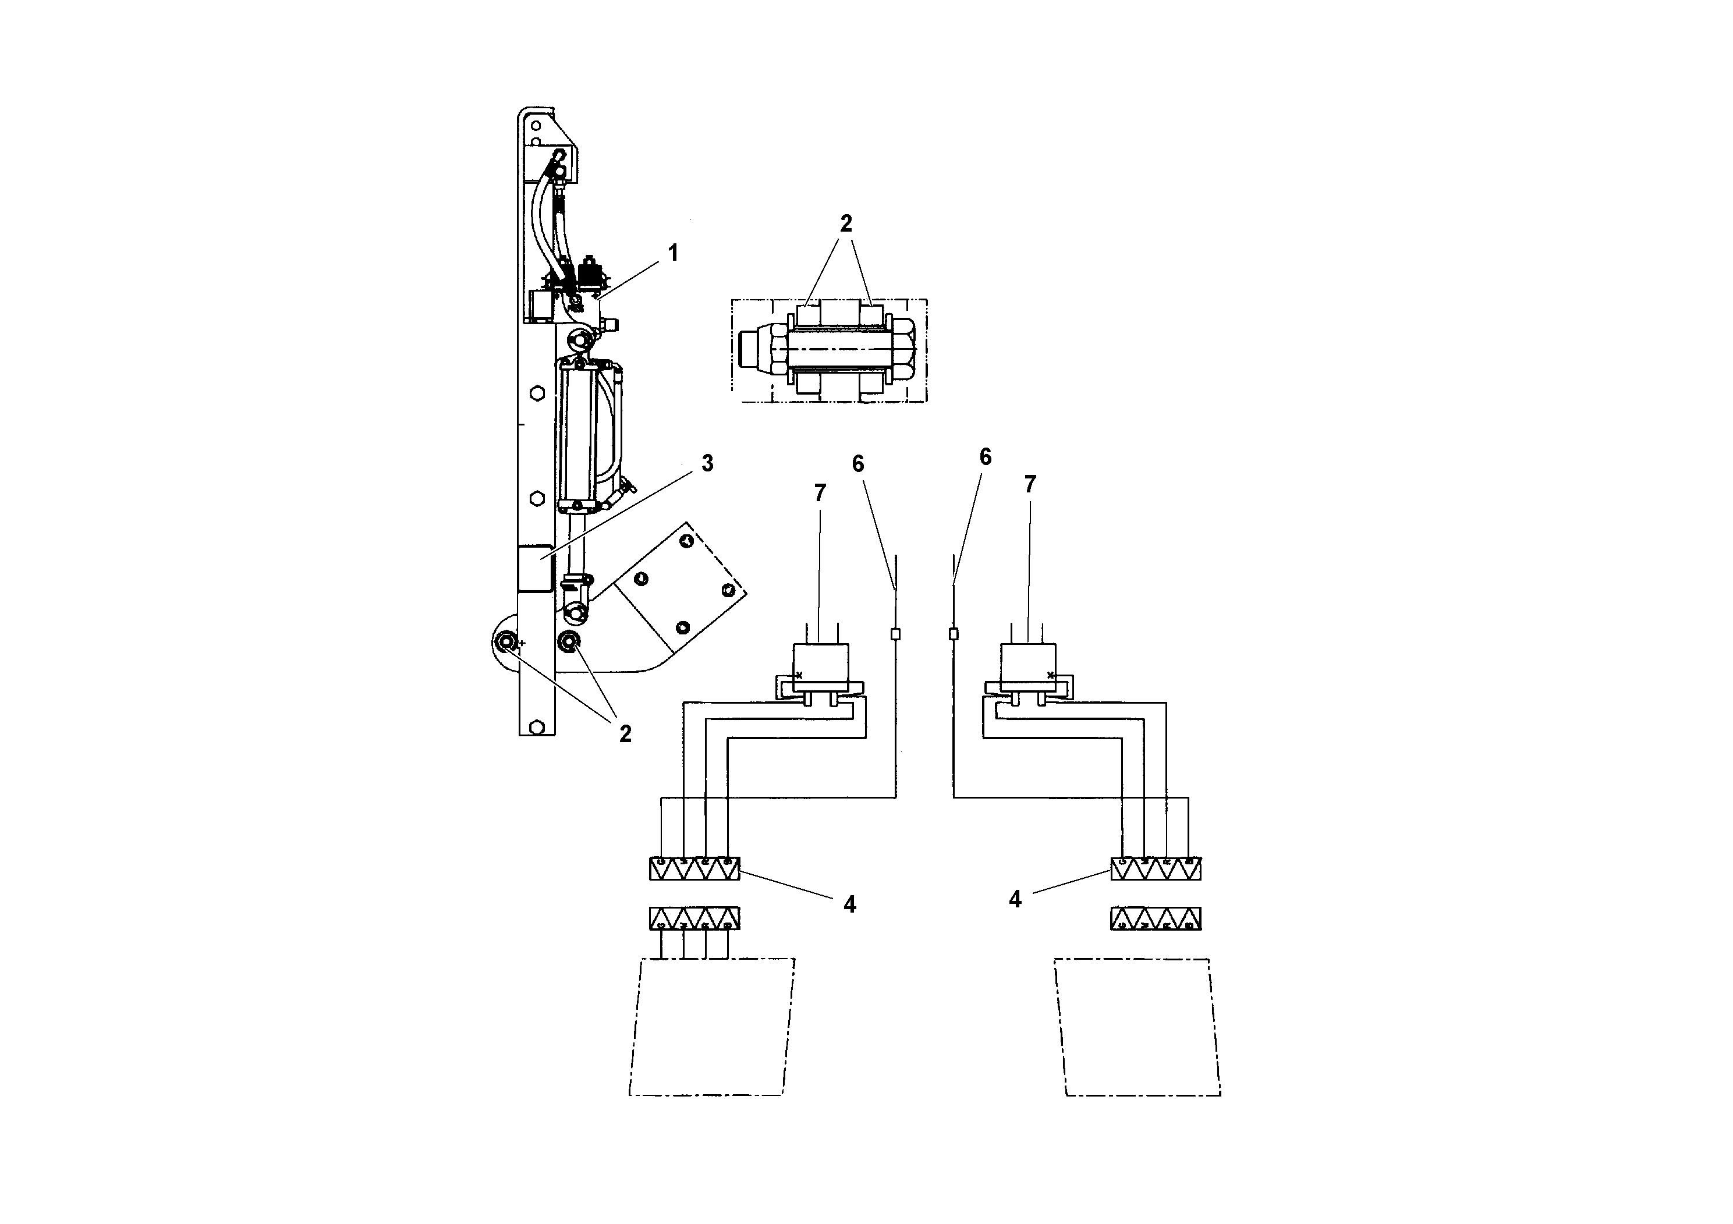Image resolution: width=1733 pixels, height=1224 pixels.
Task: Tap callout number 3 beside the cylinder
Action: pyautogui.click(x=707, y=463)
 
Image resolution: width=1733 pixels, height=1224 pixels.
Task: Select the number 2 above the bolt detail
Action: pyautogui.click(x=845, y=223)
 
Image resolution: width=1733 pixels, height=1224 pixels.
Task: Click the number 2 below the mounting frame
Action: pyautogui.click(x=625, y=733)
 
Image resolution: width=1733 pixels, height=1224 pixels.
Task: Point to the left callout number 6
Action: pyautogui.click(x=857, y=464)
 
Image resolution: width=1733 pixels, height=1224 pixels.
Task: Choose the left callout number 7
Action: pyautogui.click(x=820, y=493)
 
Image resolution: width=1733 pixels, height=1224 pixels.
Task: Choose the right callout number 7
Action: pyautogui.click(x=1030, y=484)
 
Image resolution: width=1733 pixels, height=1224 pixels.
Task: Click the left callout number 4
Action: pyautogui.click(x=850, y=904)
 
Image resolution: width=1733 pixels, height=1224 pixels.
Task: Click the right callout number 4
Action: pyautogui.click(x=1015, y=899)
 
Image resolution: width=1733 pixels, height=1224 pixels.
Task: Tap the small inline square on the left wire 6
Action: pyautogui.click(x=896, y=634)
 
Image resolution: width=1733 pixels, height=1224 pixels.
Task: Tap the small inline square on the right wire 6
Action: pyautogui.click(x=954, y=634)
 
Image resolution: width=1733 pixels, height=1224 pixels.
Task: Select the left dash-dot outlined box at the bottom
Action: pyautogui.click(x=711, y=1026)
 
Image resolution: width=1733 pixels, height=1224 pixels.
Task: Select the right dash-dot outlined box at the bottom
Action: pyautogui.click(x=1138, y=1026)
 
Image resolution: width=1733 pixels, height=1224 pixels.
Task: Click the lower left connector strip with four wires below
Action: pyautogui.click(x=694, y=918)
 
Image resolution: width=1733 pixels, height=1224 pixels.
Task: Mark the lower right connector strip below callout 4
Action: pyautogui.click(x=1156, y=918)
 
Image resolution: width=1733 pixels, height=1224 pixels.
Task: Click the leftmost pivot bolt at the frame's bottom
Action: pyautogui.click(x=505, y=643)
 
